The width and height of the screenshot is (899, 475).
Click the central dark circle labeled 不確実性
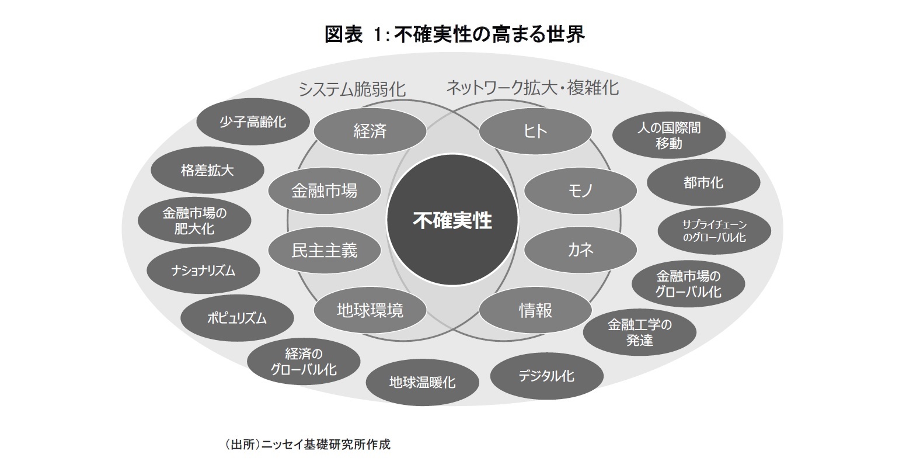(x=452, y=220)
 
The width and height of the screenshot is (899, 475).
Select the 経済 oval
(x=370, y=131)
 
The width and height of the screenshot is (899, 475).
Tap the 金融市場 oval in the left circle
(x=324, y=190)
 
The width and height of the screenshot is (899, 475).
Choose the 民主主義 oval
(x=324, y=250)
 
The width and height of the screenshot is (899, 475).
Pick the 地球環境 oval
(x=370, y=310)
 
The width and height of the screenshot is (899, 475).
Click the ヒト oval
(x=535, y=131)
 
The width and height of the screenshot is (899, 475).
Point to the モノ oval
(x=580, y=190)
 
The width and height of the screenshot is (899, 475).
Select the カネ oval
(x=580, y=250)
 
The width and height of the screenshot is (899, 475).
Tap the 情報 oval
(x=535, y=310)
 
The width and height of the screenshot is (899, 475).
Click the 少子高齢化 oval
(x=253, y=122)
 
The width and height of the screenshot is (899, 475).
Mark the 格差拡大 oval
(x=207, y=171)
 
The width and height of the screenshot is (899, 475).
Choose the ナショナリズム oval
(x=203, y=271)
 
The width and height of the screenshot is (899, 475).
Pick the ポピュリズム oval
(x=237, y=318)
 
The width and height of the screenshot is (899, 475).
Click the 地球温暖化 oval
(x=422, y=383)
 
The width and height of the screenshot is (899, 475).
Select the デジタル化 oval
(x=546, y=375)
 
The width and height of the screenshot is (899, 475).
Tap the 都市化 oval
(x=703, y=182)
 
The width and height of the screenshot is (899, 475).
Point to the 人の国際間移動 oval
(x=668, y=135)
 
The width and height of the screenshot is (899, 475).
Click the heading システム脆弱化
(x=352, y=89)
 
